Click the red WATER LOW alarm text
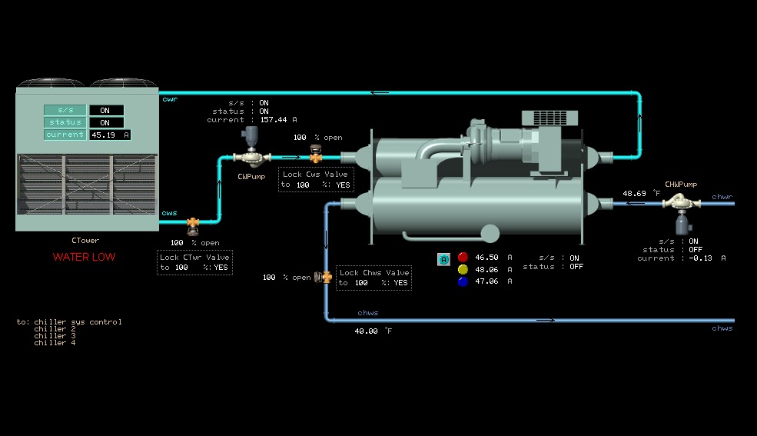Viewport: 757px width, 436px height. click(x=84, y=257)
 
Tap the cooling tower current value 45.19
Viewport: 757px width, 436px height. click(x=103, y=135)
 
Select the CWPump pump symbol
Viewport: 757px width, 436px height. click(x=251, y=157)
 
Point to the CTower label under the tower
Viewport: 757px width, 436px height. click(x=85, y=241)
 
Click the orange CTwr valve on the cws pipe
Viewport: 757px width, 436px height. click(x=193, y=224)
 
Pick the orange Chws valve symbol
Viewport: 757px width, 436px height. click(x=326, y=277)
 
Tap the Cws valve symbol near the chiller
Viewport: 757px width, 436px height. click(x=315, y=155)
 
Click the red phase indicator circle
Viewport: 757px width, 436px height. click(x=463, y=257)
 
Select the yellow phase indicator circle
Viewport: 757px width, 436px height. click(x=463, y=269)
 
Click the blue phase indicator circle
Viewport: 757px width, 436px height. click(x=463, y=281)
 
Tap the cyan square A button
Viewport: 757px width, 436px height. click(x=443, y=260)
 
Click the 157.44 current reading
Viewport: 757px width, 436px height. click(x=274, y=120)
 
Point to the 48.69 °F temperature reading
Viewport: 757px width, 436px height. click(x=635, y=194)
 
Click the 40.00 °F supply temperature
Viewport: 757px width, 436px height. click(x=367, y=331)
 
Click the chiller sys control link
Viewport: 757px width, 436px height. click(x=78, y=322)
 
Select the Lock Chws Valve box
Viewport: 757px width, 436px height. click(x=374, y=278)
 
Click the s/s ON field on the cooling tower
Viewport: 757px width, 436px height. click(x=105, y=110)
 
